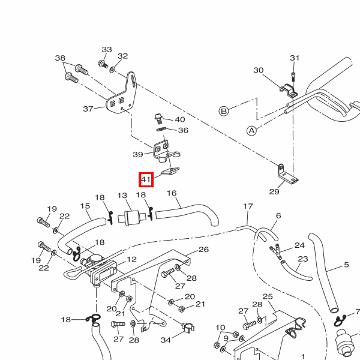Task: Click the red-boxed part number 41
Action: coord(146,179)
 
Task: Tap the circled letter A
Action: coord(251,130)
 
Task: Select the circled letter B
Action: coord(224,111)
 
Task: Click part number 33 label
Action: coord(107,49)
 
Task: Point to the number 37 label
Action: coord(88,109)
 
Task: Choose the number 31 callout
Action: coord(294,58)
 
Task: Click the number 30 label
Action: coord(258,70)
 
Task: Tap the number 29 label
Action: coord(274,192)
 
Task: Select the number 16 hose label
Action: coord(172,193)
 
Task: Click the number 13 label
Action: coord(122,196)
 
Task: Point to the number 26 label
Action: coord(203,249)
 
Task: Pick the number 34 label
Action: coord(166,340)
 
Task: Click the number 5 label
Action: coord(346,265)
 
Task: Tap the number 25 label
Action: coord(268,297)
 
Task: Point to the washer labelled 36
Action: coord(162,128)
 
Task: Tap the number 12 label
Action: coord(131,259)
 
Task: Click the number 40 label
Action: coord(180,120)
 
